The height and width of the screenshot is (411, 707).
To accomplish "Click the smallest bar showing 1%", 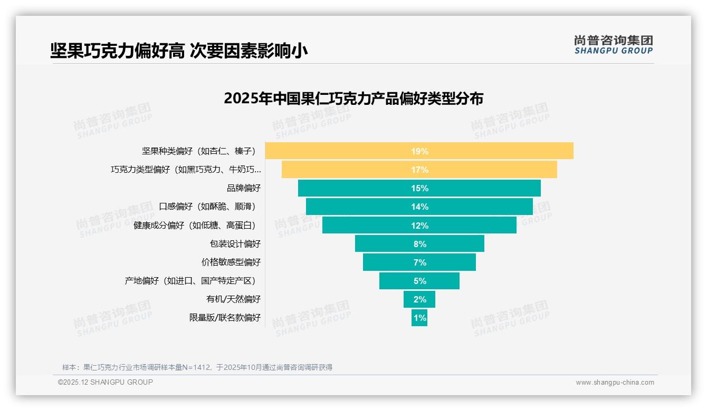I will [x=419, y=318].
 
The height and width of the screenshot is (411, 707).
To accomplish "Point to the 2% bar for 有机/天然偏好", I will [x=419, y=299].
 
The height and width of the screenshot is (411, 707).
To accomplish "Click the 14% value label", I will [x=419, y=207].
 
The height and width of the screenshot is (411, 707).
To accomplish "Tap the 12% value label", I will [x=419, y=226].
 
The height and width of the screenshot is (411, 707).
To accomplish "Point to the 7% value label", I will [x=419, y=262].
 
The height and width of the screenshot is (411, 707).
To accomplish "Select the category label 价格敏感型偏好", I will [x=231, y=262].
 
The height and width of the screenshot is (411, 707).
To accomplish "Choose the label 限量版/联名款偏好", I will [x=225, y=318].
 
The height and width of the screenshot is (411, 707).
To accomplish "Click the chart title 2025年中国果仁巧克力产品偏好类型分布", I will [x=353, y=99].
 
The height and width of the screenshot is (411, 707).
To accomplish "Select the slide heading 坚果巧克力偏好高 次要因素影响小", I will [x=179, y=51].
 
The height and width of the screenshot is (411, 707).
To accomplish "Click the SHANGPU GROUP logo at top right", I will [x=613, y=45].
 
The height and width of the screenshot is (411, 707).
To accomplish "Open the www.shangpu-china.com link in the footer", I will [x=615, y=383].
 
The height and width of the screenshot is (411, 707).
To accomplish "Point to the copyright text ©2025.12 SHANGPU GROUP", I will [x=106, y=382].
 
